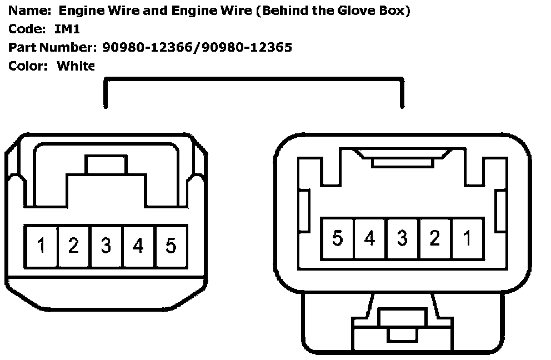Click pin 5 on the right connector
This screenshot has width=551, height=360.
coord(337,238)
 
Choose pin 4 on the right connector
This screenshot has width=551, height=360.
coord(369,238)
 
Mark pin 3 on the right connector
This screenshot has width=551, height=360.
coord(402,238)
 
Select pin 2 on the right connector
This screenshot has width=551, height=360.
coord(434,238)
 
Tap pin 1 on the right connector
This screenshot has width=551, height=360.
coord(467,238)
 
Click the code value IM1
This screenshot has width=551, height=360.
coord(67,29)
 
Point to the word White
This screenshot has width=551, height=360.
coord(76,66)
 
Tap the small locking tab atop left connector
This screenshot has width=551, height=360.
coord(106,165)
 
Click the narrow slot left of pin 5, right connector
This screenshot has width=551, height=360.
coord(304,210)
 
